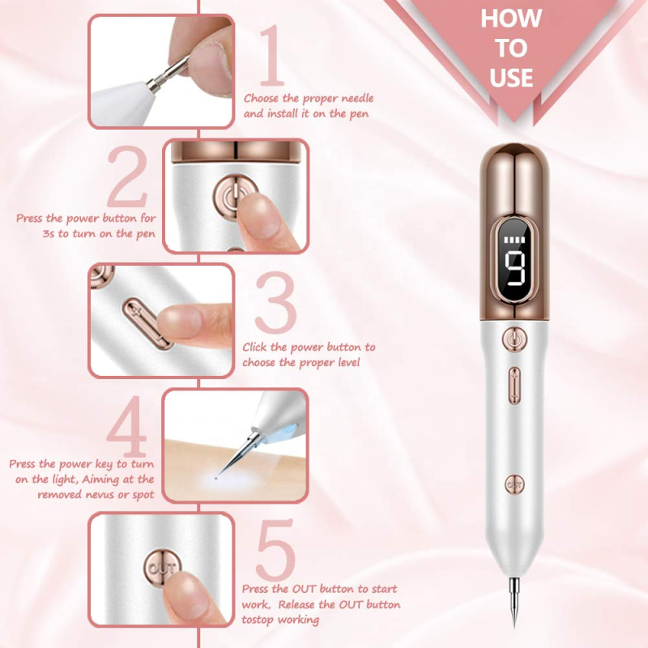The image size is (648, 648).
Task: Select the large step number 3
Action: [275, 302]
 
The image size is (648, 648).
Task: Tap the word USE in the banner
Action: [511, 77]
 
